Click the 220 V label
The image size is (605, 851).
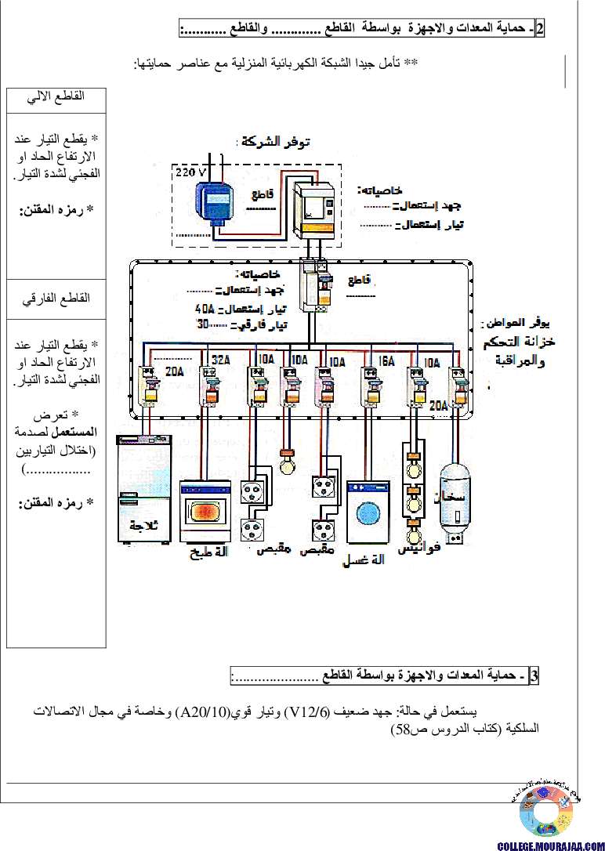point(190,172)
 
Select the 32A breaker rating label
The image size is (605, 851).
point(220,360)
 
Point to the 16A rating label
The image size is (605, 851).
point(386,361)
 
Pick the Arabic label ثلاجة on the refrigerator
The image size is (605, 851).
point(143,525)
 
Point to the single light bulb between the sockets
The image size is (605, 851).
point(288,464)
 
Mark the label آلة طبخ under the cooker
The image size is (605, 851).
point(208,552)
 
